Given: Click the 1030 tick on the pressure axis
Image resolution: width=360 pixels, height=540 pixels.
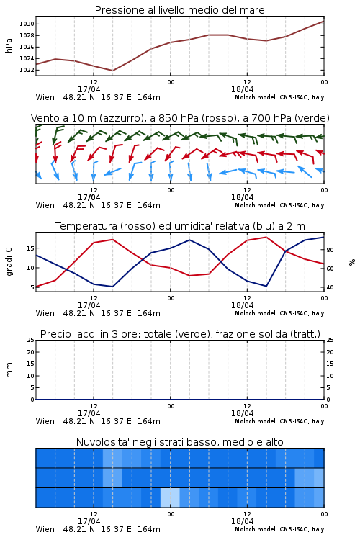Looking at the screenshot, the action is [x=27, y=24].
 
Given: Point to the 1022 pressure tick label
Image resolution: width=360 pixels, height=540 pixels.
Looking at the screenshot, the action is [x=27, y=70].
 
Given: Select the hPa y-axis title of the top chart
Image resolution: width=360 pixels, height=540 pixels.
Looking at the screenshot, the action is [x=9, y=45].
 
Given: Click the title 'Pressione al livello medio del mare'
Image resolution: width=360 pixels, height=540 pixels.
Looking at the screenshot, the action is [x=180, y=10].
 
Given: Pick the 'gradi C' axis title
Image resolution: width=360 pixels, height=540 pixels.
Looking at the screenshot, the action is [x=9, y=261].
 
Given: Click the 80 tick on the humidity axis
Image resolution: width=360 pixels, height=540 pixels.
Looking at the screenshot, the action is [x=330, y=250].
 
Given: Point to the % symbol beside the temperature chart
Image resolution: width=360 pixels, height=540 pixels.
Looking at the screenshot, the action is [x=352, y=262].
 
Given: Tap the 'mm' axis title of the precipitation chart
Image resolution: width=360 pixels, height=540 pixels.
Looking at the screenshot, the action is [x=9, y=370].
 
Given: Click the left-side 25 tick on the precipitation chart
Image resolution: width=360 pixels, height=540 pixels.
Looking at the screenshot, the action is [x=31, y=340].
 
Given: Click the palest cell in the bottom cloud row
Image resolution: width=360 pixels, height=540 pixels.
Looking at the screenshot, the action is [x=170, y=498].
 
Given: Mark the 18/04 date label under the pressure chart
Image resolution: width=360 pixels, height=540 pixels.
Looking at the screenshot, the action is [x=242, y=89].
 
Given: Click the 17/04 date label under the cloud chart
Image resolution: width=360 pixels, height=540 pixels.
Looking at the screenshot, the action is [x=89, y=521].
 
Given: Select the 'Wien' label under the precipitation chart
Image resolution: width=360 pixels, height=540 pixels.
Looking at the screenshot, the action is [x=45, y=421].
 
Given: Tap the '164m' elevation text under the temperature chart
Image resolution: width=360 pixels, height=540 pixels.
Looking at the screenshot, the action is [x=149, y=313].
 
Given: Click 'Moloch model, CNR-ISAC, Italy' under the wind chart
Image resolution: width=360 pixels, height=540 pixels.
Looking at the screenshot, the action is [x=279, y=206].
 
